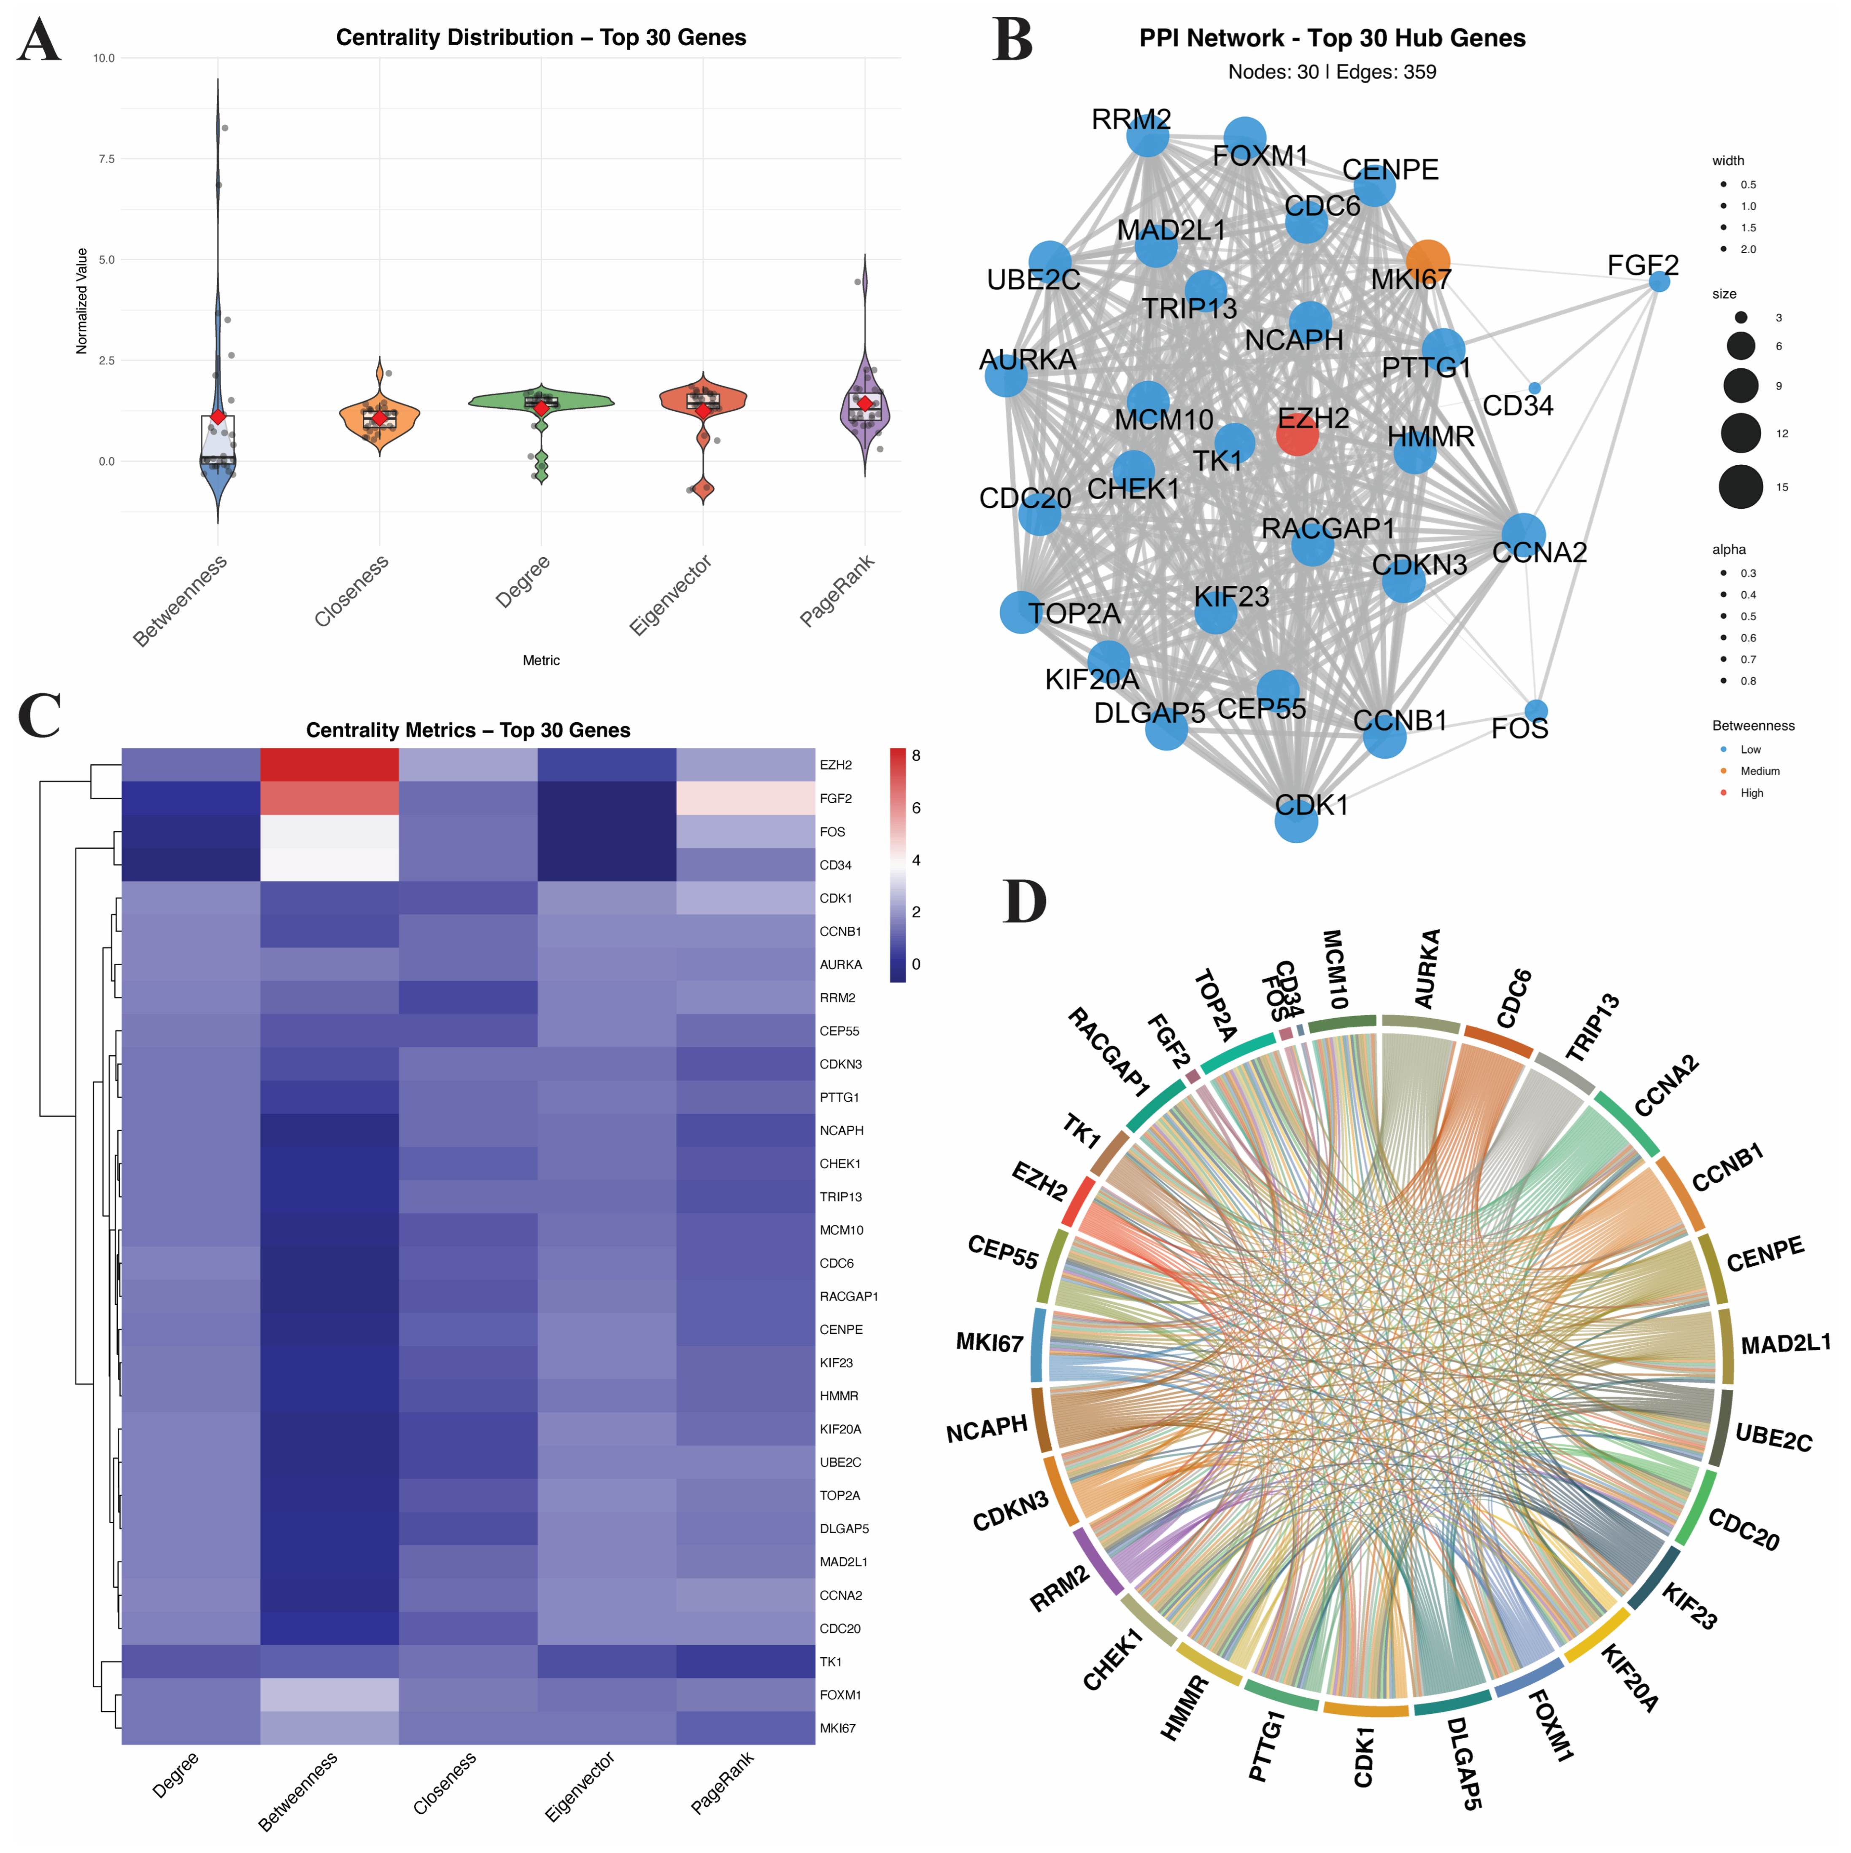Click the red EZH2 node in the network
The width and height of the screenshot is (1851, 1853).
pos(1297,435)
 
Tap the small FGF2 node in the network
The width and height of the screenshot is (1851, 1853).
pos(1658,282)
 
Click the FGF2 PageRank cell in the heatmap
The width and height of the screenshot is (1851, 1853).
pos(745,798)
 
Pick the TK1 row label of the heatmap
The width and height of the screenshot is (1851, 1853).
pos(831,1662)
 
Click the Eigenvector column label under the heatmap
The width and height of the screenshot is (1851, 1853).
pos(579,1786)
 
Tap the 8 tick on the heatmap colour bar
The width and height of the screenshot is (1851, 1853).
pos(916,756)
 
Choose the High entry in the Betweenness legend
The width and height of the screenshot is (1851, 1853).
pos(1751,793)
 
